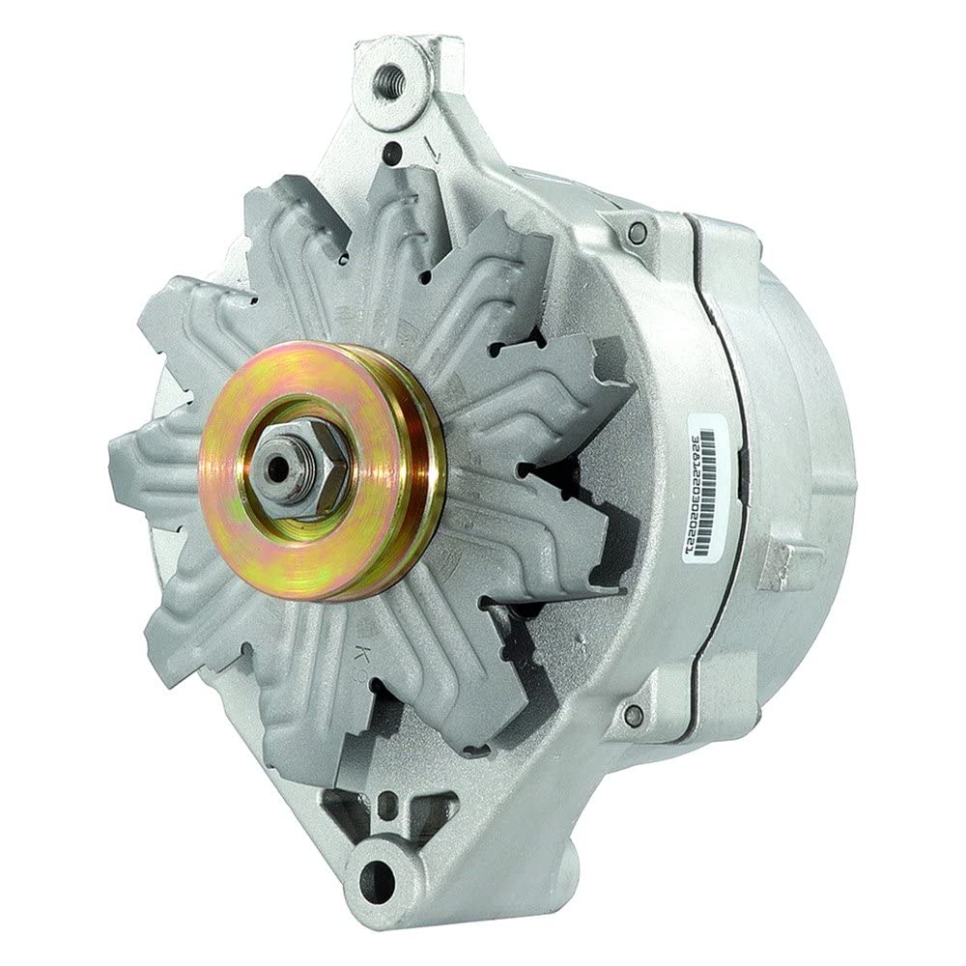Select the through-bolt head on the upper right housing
[x=635, y=233]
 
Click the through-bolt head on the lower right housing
[x=633, y=716]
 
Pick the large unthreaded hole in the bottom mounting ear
[x=382, y=877]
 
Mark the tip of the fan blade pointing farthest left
[x=113, y=454]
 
